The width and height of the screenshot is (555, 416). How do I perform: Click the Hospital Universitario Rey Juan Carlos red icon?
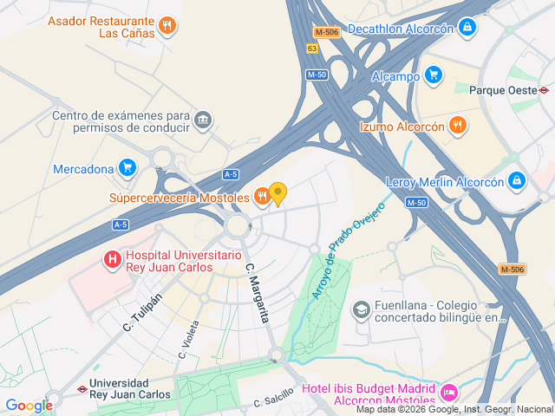pyautogui.click(x=113, y=258)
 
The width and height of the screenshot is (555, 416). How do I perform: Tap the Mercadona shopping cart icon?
pyautogui.click(x=127, y=168)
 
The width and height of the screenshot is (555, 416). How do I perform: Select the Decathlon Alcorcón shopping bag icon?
pyautogui.click(x=468, y=29)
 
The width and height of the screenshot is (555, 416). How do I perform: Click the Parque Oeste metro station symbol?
pyautogui.click(x=544, y=89)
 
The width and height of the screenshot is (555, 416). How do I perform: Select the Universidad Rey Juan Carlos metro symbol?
pyautogui.click(x=81, y=388)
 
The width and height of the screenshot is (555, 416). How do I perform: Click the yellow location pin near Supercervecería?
pyautogui.click(x=278, y=193)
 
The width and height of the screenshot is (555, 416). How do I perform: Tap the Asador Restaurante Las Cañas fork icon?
pyautogui.click(x=168, y=27)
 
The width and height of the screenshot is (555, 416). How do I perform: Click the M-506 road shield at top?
pyautogui.click(x=327, y=32)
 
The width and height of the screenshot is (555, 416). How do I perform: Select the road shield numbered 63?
pyautogui.click(x=311, y=49)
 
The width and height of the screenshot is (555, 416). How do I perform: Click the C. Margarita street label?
pyautogui.click(x=258, y=292)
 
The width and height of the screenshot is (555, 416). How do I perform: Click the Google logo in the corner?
pyautogui.click(x=29, y=405)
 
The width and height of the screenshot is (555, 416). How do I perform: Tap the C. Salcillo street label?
pyautogui.click(x=275, y=397)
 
